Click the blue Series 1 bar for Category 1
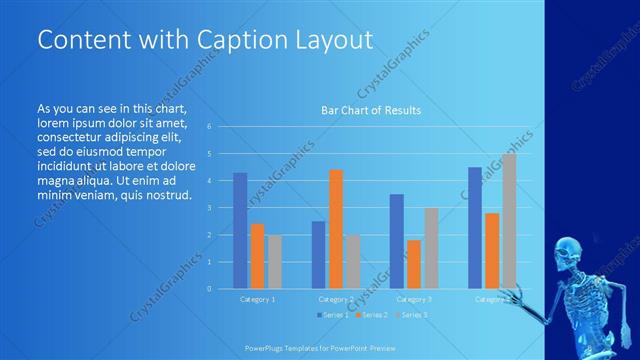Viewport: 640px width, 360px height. [240, 230]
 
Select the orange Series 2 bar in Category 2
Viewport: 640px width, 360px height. [335, 229]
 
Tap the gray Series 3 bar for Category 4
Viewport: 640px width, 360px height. [509, 221]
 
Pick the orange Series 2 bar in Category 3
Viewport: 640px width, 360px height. [414, 264]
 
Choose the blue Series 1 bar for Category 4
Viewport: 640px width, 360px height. [475, 227]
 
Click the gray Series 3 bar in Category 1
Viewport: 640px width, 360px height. [274, 261]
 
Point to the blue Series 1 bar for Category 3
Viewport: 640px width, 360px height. [397, 241]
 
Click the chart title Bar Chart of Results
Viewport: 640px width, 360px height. [370, 110]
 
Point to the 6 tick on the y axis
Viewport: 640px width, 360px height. [208, 127]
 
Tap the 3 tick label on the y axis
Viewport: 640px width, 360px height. [208, 208]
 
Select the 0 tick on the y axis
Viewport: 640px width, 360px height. [208, 288]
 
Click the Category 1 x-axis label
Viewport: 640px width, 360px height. [257, 299]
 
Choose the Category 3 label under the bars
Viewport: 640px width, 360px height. [414, 299]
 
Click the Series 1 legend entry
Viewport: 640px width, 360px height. [334, 316]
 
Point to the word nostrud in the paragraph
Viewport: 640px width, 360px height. [165, 195]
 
